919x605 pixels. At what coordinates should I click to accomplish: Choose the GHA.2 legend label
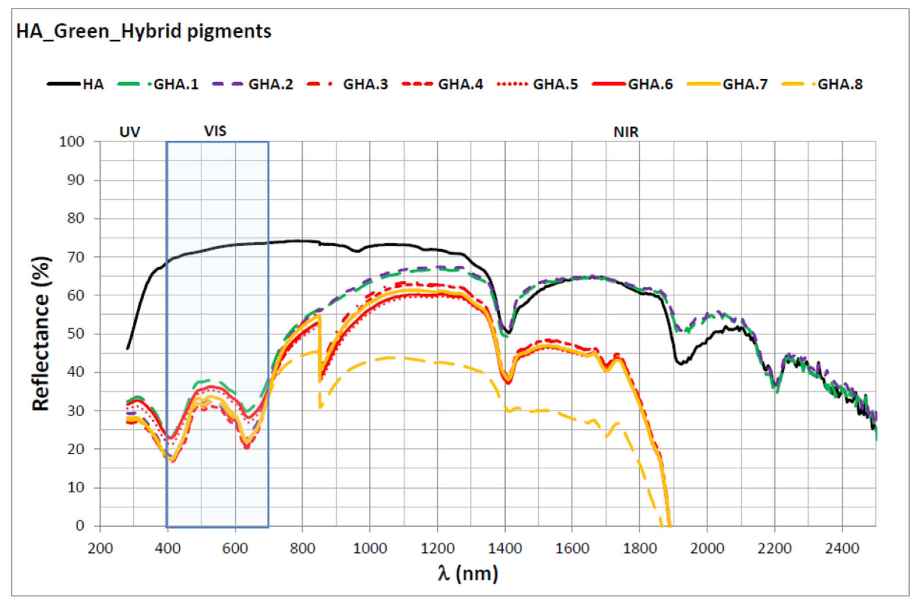pyautogui.click(x=271, y=84)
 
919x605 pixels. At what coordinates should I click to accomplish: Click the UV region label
pyautogui.click(x=129, y=132)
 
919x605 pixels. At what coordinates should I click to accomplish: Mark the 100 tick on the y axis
pyautogui.click(x=71, y=142)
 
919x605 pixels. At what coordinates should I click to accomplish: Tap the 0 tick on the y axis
pyautogui.click(x=80, y=526)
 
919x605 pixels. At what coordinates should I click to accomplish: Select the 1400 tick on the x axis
pyautogui.click(x=505, y=549)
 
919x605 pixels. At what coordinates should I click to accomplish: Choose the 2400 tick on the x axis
pyautogui.click(x=842, y=549)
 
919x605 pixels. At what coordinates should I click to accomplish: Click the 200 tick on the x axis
pyautogui.click(x=100, y=549)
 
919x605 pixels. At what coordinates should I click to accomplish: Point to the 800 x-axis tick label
pyautogui.click(x=302, y=549)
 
